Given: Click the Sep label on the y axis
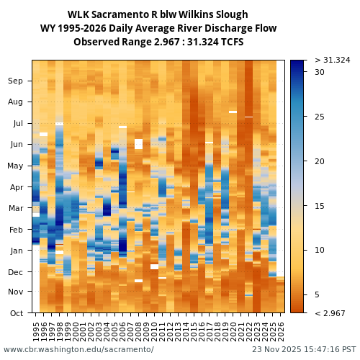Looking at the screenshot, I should pyautogui.click(x=16, y=81).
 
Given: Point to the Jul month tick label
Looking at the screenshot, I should pyautogui.click(x=17, y=124).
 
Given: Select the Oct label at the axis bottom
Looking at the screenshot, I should pyautogui.click(x=16, y=313).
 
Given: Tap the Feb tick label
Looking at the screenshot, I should pyautogui.click(x=16, y=230).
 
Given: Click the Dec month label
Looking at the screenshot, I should pyautogui.click(x=16, y=271).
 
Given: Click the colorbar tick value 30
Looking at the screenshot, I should pyautogui.click(x=320, y=72).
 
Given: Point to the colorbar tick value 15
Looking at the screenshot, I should pyautogui.click(x=320, y=206).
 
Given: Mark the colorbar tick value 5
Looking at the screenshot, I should pyautogui.click(x=318, y=295).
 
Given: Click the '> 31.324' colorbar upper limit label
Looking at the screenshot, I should pyautogui.click(x=332, y=60).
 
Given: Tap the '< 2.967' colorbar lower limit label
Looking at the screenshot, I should pyautogui.click(x=330, y=313).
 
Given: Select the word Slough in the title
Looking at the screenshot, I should pyautogui.click(x=232, y=15).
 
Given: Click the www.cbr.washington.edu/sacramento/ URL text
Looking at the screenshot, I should pyautogui.click(x=78, y=350).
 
